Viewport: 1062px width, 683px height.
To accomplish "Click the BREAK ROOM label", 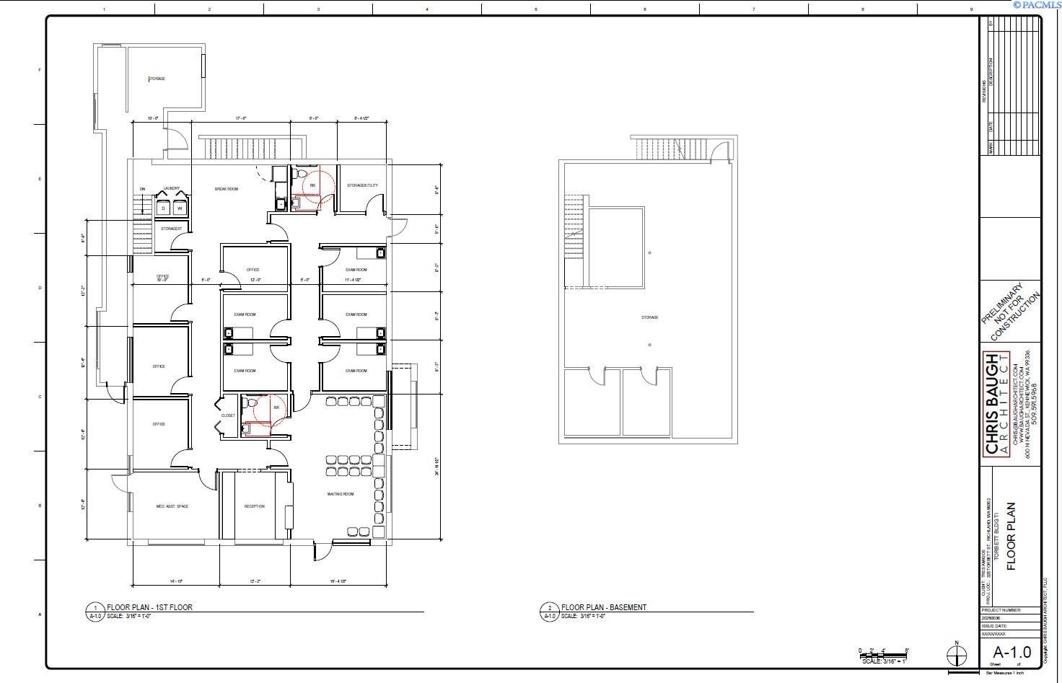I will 227,189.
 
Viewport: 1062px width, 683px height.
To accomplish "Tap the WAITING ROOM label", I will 341,494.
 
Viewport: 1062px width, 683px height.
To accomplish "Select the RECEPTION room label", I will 254,506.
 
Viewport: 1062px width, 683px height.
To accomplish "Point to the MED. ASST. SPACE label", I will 172,506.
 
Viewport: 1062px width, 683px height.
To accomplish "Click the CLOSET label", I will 228,415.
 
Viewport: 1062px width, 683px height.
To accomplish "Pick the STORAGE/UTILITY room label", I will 362,185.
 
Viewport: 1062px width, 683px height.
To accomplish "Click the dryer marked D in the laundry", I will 164,208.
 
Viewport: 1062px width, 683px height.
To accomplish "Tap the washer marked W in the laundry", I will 179,208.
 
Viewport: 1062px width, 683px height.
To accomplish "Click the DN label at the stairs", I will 142,189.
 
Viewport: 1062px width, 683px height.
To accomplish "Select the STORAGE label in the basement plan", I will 649,317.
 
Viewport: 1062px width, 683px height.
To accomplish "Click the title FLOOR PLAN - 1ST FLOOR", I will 150,607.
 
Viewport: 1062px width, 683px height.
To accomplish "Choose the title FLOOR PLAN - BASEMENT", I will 604,607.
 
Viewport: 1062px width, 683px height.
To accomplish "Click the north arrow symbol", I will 957,655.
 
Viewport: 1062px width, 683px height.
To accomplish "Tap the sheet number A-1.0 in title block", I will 1012,653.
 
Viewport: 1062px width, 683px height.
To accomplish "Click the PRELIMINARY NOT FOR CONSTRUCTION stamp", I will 1011,312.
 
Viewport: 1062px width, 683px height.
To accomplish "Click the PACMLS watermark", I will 1037,4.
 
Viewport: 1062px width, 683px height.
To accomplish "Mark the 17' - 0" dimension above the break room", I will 241,118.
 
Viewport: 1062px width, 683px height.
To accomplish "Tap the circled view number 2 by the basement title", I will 550,608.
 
